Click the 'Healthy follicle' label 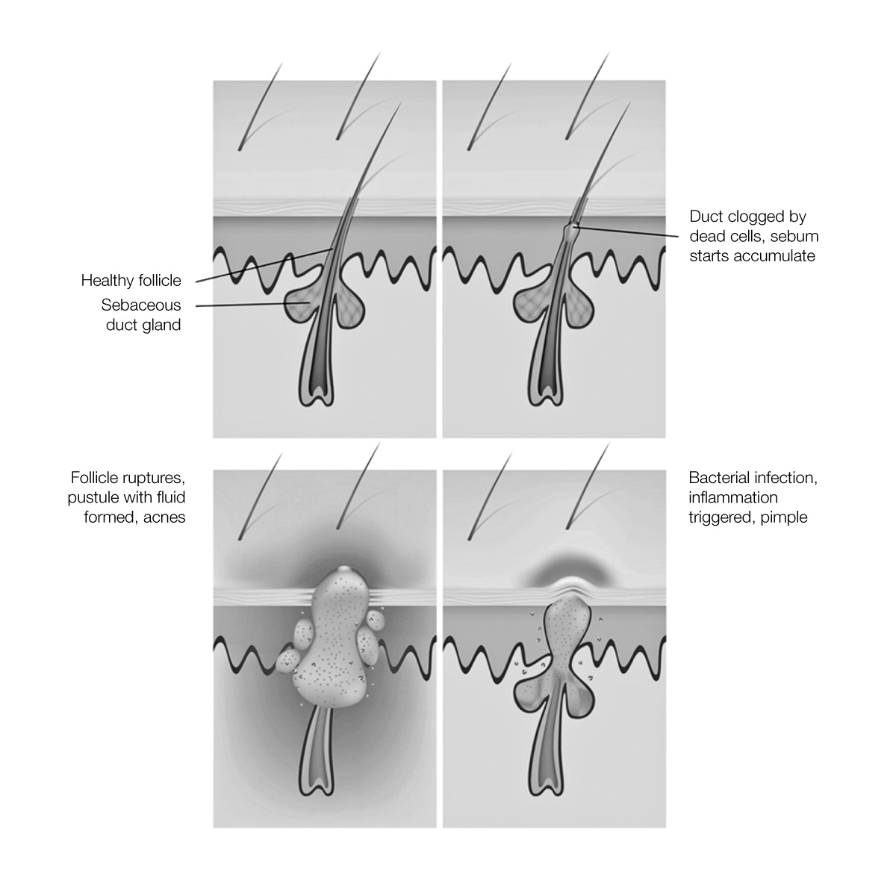pyautogui.click(x=131, y=281)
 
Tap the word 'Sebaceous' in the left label pyautogui.click(x=141, y=305)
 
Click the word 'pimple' pyautogui.click(x=784, y=517)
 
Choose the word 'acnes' pyautogui.click(x=164, y=517)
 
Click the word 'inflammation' pyautogui.click(x=733, y=497)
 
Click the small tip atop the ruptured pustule pyautogui.click(x=343, y=569)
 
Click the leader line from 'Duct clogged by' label pyautogui.click(x=626, y=231)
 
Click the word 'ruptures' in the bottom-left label pyautogui.click(x=157, y=479)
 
